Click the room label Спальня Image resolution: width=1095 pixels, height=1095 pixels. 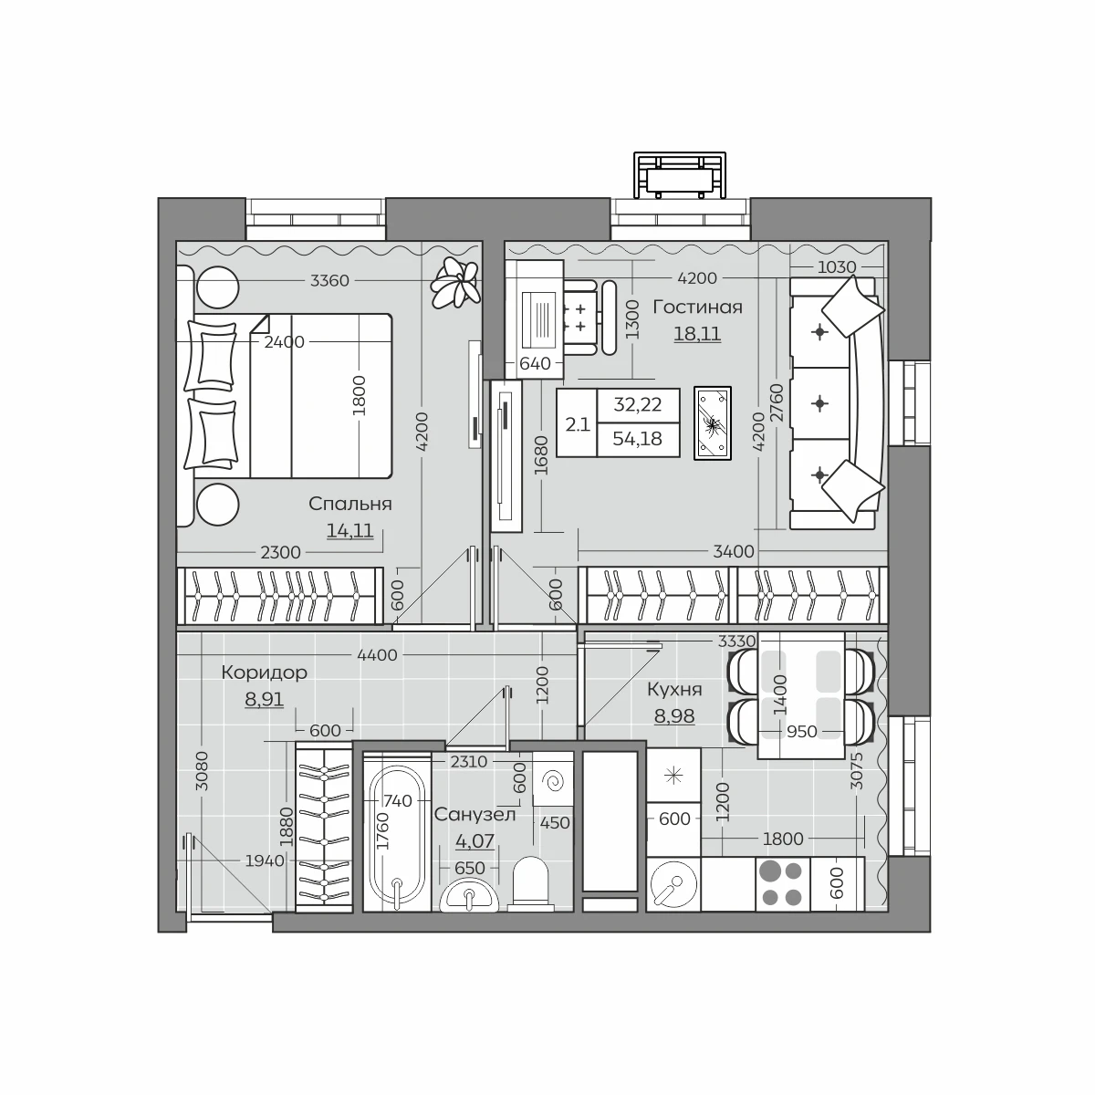(x=350, y=505)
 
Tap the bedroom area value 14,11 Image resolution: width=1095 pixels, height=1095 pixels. (x=350, y=531)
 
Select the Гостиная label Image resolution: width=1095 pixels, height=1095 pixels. (x=697, y=308)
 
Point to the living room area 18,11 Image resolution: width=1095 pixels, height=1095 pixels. (x=697, y=334)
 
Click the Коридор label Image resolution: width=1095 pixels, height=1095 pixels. (x=265, y=673)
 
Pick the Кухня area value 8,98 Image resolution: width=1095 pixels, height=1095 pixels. (x=674, y=716)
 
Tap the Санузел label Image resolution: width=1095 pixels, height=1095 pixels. (x=475, y=815)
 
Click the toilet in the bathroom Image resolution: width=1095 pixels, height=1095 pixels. (x=530, y=884)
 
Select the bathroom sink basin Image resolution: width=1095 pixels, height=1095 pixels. (x=469, y=895)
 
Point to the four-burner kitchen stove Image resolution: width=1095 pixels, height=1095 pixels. (x=782, y=884)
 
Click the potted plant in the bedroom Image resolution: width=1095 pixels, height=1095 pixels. (x=455, y=282)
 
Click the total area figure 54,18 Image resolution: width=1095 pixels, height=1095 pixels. (x=638, y=439)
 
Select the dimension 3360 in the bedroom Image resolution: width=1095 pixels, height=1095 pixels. (x=329, y=281)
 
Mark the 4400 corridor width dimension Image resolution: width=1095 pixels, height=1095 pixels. (x=377, y=655)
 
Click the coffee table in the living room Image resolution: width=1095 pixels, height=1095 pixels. (x=713, y=422)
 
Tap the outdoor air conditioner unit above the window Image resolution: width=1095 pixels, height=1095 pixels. (x=680, y=175)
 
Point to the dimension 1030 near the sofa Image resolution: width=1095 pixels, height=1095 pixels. (x=837, y=266)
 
